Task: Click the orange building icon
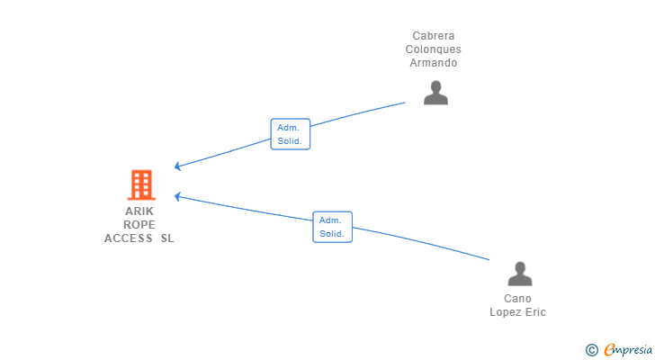141,184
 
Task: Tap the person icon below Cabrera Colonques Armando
435,93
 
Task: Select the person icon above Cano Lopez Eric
520,274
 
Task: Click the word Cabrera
433,36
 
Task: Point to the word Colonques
433,49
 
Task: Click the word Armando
433,63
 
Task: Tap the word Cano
517,299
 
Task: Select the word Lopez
505,312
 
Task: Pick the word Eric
535,312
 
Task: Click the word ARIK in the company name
139,211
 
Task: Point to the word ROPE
139,225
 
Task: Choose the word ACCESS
129,238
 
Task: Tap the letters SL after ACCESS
167,238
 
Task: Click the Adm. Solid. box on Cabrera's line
291,134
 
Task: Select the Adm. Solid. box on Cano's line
333,227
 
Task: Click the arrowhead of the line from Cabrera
177,166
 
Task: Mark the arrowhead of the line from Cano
177,196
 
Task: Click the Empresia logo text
628,350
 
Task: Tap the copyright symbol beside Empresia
591,350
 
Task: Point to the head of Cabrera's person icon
435,86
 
